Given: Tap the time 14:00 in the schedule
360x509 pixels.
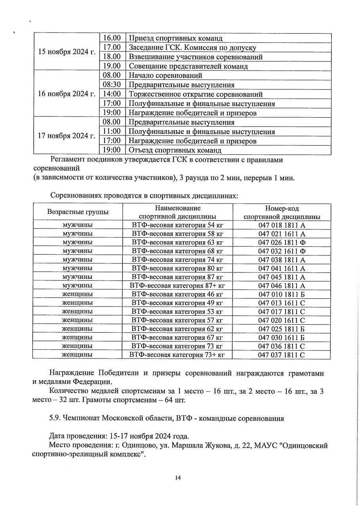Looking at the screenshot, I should click(111, 94).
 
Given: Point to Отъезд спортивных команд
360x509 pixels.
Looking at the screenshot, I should click(175, 150).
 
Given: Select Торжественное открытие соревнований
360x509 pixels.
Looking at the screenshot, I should click(195, 94).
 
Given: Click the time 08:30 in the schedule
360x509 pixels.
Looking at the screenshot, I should click(111, 85).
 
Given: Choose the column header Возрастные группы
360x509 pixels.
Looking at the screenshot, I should click(78, 212).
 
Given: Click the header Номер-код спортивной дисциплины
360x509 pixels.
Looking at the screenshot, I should click(282, 212).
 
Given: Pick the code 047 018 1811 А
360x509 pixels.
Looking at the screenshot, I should click(282, 225).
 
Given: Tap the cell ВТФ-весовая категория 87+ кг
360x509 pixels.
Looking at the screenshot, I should click(177, 286).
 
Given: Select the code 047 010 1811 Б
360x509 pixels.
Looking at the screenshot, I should click(282, 294).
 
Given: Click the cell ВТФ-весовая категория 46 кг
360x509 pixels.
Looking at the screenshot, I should click(177, 294).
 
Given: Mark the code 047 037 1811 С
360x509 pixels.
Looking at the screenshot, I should click(282, 355).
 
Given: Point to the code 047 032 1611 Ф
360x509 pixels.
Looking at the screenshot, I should click(282, 251).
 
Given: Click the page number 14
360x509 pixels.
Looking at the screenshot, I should click(178, 478).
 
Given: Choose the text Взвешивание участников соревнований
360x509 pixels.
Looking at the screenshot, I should click(195, 57).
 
